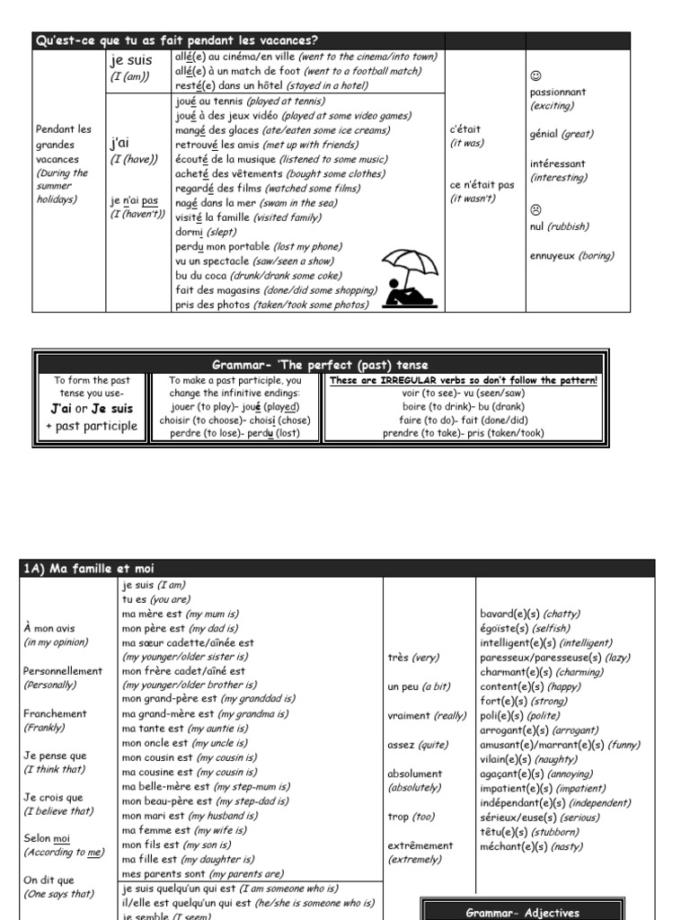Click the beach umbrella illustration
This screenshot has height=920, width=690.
tap(409, 278)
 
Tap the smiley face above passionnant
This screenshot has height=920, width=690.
tap(535, 75)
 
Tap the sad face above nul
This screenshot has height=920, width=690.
tap(535, 209)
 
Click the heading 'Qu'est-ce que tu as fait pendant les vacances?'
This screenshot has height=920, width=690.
tap(176, 40)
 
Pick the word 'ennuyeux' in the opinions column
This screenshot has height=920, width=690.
tap(553, 255)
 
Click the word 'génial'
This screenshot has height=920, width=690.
tap(544, 134)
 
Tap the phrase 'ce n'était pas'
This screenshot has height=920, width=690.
tap(482, 185)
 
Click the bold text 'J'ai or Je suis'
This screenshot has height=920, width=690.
tap(92, 409)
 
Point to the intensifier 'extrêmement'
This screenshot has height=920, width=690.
tap(420, 845)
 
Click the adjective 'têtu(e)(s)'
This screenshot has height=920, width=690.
tap(505, 832)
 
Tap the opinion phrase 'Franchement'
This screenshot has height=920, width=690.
tap(55, 713)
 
